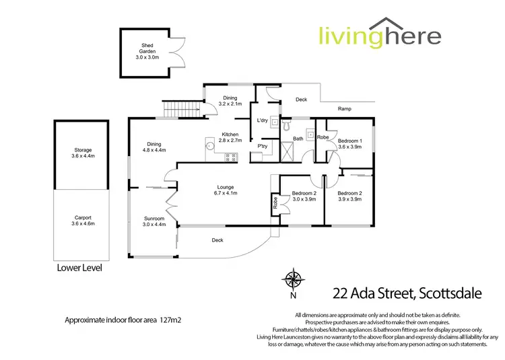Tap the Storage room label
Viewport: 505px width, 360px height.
coord(83,153)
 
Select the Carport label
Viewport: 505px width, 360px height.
coord(83,220)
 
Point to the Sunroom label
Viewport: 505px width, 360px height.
coord(154,222)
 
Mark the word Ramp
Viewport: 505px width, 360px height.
coord(345,109)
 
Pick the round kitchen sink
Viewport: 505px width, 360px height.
coord(210,144)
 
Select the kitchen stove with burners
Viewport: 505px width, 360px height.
coord(231,157)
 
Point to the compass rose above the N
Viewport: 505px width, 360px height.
coord(294,278)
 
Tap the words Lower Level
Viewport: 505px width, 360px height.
coord(79,268)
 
